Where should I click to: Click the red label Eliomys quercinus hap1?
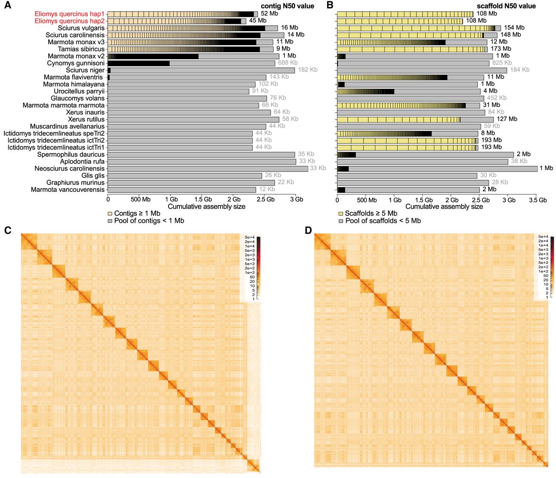[x=69, y=14]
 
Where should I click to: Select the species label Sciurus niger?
[x=85, y=70]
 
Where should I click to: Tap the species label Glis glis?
[x=93, y=175]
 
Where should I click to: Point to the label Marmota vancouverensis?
[x=68, y=190]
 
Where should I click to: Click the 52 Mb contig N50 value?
[x=269, y=13]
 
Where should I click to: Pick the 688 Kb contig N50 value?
[x=288, y=63]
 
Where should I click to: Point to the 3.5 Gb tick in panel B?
[x=538, y=200]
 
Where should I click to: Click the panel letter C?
[x=7, y=230]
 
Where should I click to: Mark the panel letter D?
[x=308, y=230]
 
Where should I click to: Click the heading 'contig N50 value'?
[x=287, y=6]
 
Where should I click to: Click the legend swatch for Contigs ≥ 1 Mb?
[x=110, y=214]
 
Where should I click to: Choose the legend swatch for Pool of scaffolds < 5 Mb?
[x=341, y=221]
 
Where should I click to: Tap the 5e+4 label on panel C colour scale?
[x=250, y=237]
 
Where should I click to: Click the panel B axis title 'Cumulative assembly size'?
[x=444, y=207]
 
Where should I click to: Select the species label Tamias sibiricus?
[x=81, y=49]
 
